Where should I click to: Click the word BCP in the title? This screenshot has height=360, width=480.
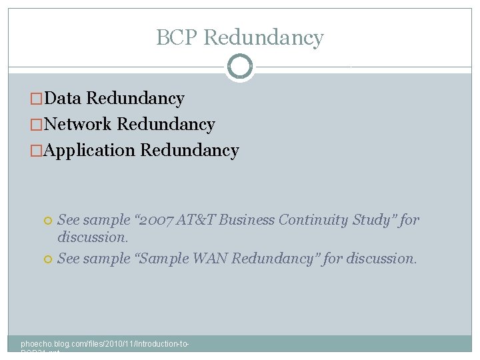coord(177,37)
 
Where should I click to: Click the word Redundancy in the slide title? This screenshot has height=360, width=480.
coord(264,37)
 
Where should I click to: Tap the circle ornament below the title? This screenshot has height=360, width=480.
coord(240,67)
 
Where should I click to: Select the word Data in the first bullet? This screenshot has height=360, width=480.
coord(65,99)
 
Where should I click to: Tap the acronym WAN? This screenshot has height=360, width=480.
coord(211,259)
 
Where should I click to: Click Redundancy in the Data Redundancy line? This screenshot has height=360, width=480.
coord(135,99)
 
